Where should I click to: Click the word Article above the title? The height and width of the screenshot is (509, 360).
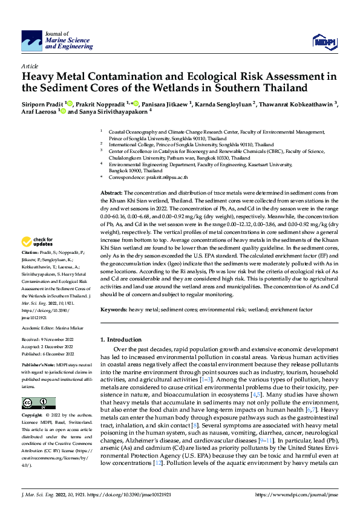click(30, 65)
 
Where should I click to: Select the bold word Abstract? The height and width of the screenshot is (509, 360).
click(111, 192)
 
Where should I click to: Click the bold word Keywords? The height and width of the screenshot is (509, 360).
click(113, 310)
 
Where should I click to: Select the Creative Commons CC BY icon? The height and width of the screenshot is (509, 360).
click(35, 403)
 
